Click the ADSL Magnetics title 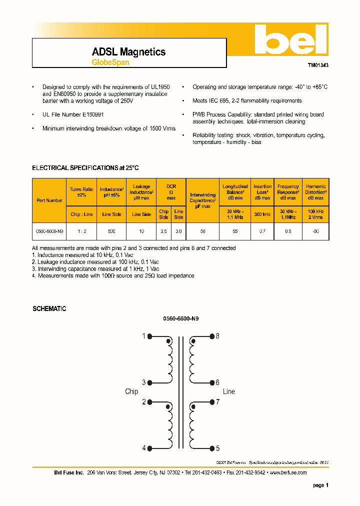pos(128,52)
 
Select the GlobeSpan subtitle pos(110,62)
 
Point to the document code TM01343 pos(317,65)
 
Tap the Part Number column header pos(49,200)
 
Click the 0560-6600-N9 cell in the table pos(49,232)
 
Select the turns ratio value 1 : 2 pos(81,232)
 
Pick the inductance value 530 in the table pos(111,232)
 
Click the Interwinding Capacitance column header pos(202,200)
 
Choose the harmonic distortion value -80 pos(315,232)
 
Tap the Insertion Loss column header pos(262,192)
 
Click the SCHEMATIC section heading pos(49,309)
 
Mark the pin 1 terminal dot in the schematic pos(150,336)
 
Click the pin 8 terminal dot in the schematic pos(211,336)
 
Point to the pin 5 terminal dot pos(211,448)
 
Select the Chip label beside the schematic pos(131,391)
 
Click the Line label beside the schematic pos(228,391)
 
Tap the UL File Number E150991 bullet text pos(73,114)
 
